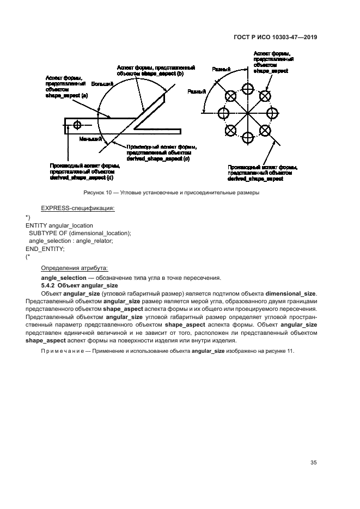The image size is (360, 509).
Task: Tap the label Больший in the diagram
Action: point(102,85)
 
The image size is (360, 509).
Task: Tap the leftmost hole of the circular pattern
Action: point(223,113)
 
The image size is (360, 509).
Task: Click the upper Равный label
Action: point(221,70)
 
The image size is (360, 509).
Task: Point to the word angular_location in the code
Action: point(71,225)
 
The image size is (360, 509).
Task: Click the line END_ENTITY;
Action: point(45,248)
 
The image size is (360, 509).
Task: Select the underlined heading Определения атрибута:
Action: point(75,268)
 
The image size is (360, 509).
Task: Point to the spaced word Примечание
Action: point(59,351)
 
